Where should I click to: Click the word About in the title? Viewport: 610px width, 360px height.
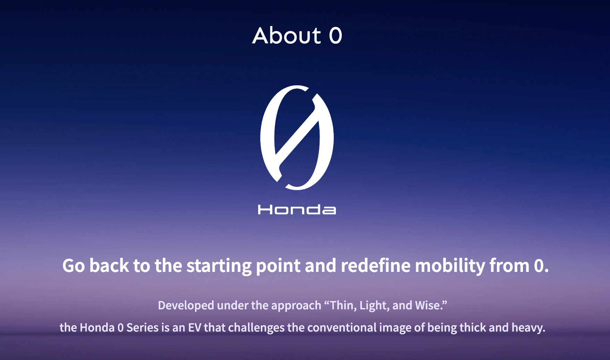click(287, 35)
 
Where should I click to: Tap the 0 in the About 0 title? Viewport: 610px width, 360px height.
click(336, 36)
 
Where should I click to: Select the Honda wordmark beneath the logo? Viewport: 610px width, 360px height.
click(297, 210)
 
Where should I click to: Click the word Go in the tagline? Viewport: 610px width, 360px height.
click(74, 266)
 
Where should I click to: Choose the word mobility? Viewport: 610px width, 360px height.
click(450, 266)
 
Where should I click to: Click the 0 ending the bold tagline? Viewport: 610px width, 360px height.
click(539, 266)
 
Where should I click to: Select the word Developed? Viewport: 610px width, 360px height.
click(186, 306)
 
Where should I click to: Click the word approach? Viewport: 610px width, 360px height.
click(296, 306)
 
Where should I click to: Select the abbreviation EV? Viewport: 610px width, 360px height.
click(194, 327)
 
